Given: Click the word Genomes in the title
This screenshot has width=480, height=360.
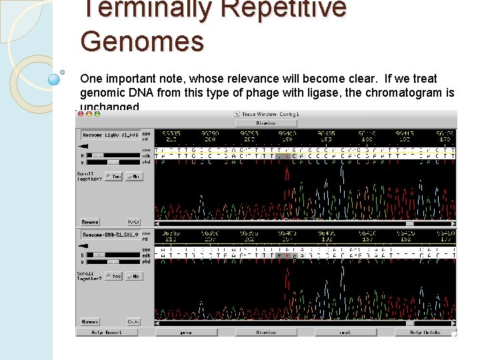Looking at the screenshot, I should click(x=142, y=41).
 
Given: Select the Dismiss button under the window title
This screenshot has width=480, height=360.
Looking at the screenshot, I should click(x=265, y=123).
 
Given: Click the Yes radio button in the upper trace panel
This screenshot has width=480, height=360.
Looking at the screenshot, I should click(x=113, y=177).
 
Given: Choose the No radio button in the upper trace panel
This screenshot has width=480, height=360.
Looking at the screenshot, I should click(x=134, y=177).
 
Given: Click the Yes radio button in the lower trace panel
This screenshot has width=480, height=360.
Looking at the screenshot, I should click(x=113, y=276).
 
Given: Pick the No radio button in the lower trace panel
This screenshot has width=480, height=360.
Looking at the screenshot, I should click(x=134, y=276).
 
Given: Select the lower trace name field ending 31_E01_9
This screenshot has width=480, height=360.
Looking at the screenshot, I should click(x=110, y=235).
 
